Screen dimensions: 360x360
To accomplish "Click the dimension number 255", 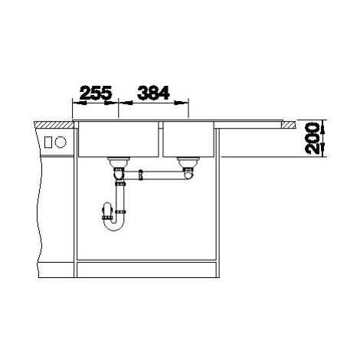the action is tap(96, 93).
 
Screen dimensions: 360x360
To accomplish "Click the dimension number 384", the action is tap(153, 93).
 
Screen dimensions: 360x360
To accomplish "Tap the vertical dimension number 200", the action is tap(313, 139).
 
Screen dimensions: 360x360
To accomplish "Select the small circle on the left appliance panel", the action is tap(61, 142).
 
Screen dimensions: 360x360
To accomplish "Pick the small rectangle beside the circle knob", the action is tap(48, 142).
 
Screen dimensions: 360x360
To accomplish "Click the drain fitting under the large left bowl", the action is tap(119, 162).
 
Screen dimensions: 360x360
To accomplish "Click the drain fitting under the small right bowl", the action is tap(188, 162).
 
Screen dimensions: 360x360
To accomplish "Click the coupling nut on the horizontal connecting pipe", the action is tap(140, 175).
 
